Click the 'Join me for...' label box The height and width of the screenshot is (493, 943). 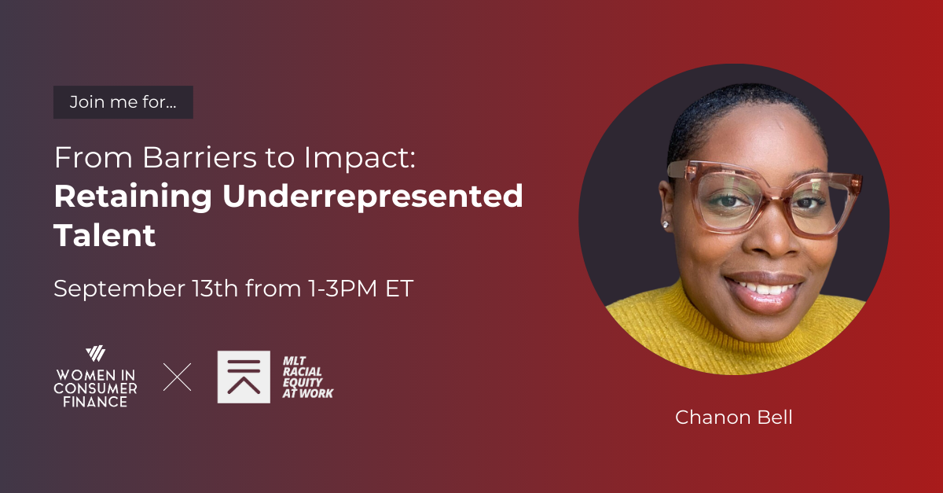pyautogui.click(x=123, y=102)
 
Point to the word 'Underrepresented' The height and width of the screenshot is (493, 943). pyautogui.click(x=372, y=197)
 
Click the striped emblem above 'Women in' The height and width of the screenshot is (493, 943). pyautogui.click(x=95, y=353)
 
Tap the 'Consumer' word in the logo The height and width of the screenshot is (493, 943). pyautogui.click(x=95, y=388)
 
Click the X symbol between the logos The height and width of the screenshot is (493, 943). pyautogui.click(x=177, y=377)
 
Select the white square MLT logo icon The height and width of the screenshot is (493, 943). pyautogui.click(x=244, y=377)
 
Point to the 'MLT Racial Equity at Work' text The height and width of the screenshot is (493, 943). pyautogui.click(x=307, y=377)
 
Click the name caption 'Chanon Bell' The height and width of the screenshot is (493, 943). pyautogui.click(x=733, y=418)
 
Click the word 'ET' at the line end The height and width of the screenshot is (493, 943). pyautogui.click(x=398, y=289)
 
